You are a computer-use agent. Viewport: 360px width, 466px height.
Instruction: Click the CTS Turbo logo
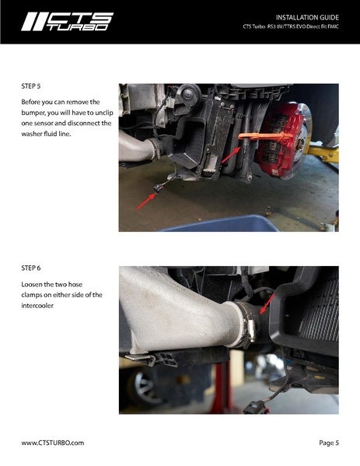(x=67, y=22)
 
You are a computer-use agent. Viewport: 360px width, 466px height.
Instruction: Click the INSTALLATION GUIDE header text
(x=307, y=17)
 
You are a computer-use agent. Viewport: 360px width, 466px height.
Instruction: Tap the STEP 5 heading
(x=31, y=86)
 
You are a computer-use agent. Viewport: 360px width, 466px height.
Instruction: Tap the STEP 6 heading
(x=31, y=268)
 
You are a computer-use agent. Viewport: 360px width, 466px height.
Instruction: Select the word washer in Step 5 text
(x=30, y=134)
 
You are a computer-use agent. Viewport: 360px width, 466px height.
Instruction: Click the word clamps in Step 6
(x=31, y=295)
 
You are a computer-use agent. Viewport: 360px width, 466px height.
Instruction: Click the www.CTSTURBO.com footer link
(x=53, y=443)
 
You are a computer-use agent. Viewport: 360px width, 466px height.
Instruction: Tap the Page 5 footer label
(x=329, y=443)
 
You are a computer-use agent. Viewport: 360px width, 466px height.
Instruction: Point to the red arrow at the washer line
(x=231, y=155)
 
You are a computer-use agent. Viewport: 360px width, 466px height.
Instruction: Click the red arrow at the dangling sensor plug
(x=146, y=201)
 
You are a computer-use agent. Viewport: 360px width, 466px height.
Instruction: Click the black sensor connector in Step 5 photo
(x=159, y=188)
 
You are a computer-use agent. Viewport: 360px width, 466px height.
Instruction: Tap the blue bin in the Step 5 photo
(x=219, y=223)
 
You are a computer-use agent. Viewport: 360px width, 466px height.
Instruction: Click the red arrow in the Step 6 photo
(x=267, y=303)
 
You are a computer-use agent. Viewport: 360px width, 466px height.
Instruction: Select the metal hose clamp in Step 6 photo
(x=247, y=325)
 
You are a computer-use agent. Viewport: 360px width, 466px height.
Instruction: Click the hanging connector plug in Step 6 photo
(x=256, y=408)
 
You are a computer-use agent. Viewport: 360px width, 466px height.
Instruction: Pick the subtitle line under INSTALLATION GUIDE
(x=291, y=26)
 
